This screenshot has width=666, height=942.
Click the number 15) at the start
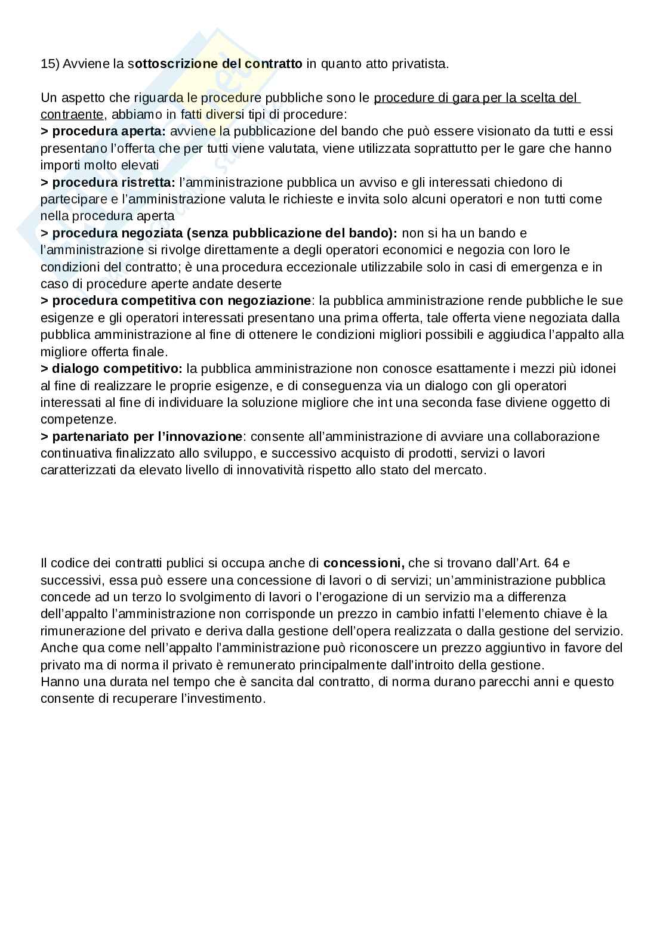point(50,64)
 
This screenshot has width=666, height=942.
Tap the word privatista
point(420,64)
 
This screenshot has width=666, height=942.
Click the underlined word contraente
point(72,114)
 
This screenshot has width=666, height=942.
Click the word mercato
point(462,470)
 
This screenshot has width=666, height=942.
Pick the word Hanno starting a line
point(58,682)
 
